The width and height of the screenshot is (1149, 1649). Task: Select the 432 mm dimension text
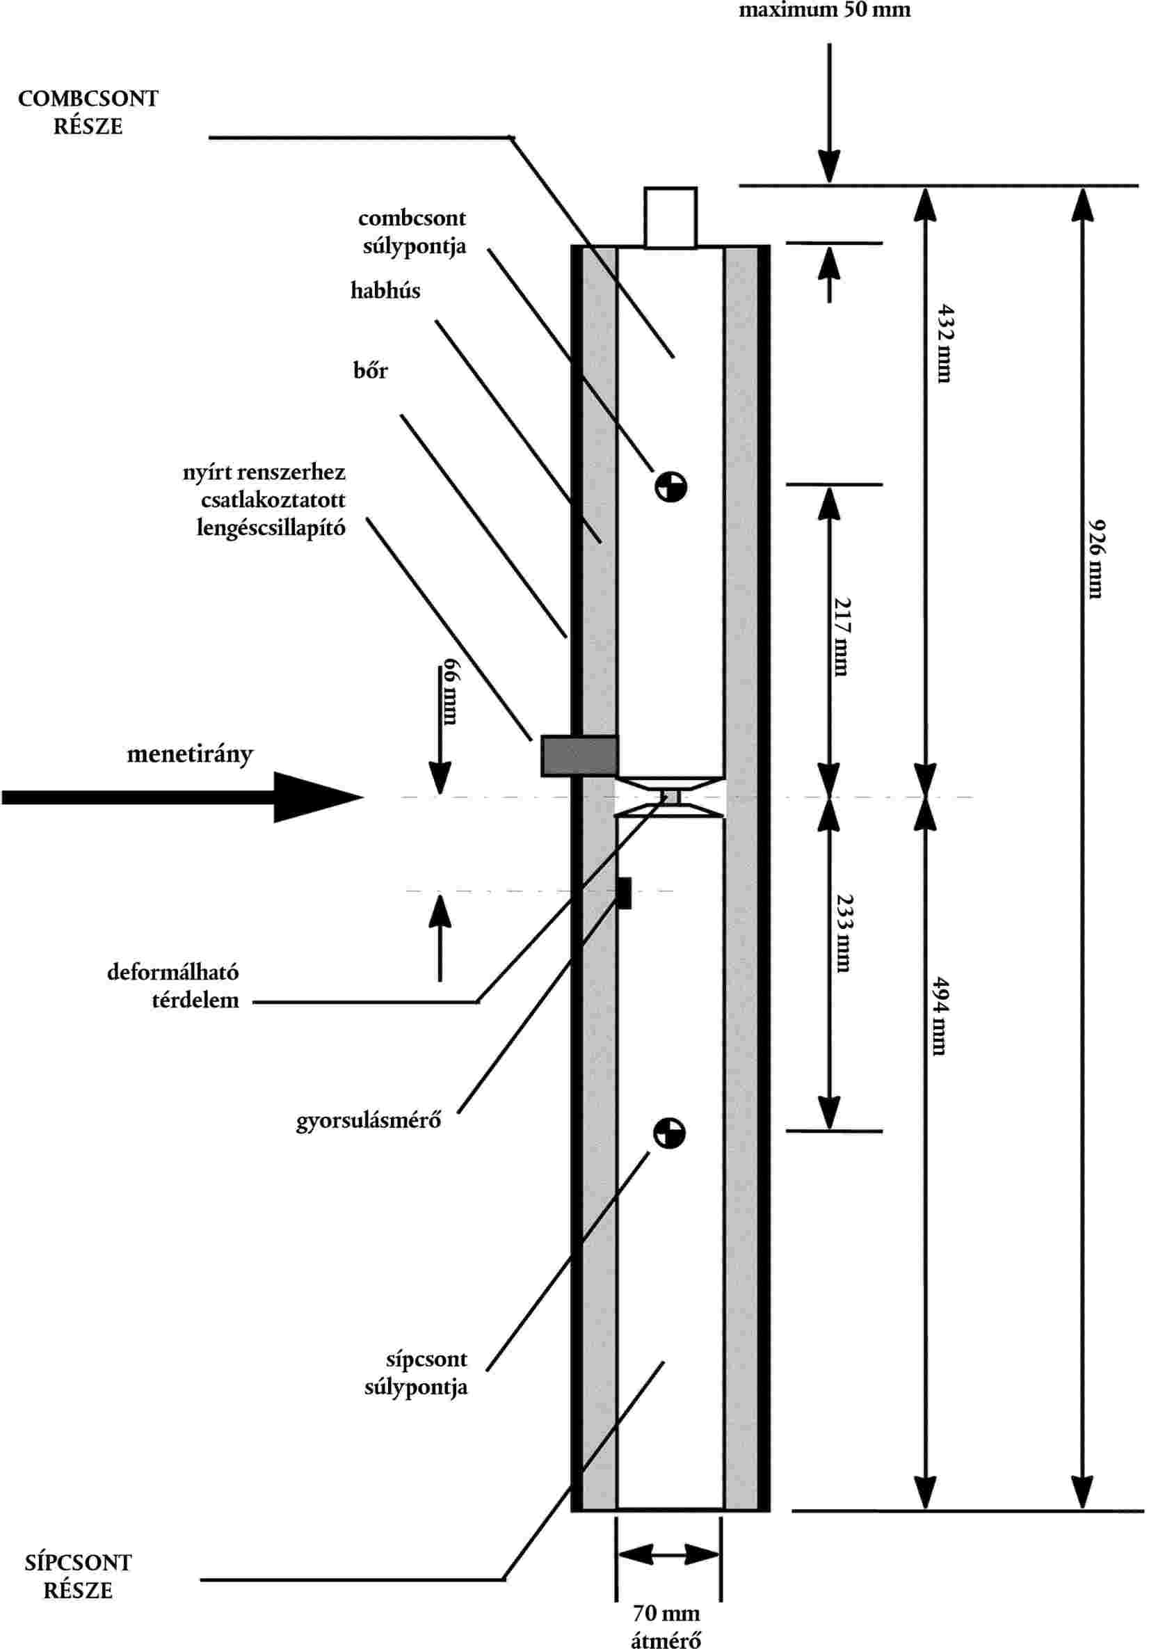(x=946, y=343)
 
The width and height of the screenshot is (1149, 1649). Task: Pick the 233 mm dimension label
(x=844, y=934)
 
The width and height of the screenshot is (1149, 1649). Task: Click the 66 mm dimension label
(x=449, y=691)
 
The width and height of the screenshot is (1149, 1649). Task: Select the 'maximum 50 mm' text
(x=824, y=10)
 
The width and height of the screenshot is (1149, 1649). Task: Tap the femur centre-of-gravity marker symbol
(x=670, y=487)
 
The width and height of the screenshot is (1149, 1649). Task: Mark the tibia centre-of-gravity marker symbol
(x=669, y=1133)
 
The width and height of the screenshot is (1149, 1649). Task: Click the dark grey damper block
(x=579, y=756)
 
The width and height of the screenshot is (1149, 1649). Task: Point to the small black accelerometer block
(x=623, y=893)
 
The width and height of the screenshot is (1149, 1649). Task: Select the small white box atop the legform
(x=670, y=217)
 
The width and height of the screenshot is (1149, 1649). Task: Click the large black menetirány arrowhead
(x=316, y=797)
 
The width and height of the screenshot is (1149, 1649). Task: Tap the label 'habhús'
(x=385, y=290)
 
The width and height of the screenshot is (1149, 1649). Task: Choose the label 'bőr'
(x=370, y=370)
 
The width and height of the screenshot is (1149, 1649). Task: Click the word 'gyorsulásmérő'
(x=369, y=1120)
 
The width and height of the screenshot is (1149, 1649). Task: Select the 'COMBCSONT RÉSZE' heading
(x=88, y=112)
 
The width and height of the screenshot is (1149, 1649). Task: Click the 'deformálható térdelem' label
(x=173, y=985)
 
